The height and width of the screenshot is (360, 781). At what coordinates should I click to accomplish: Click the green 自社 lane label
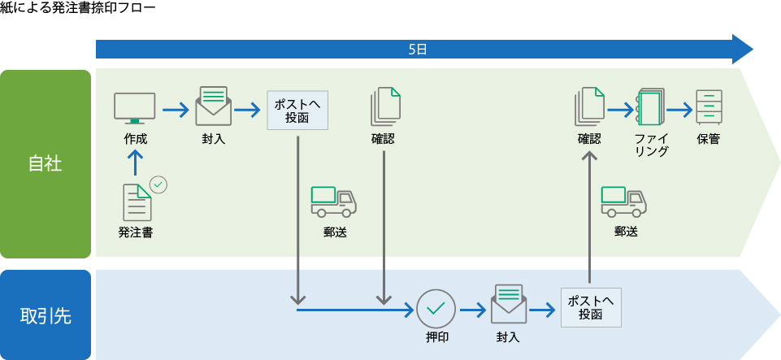pos(46,163)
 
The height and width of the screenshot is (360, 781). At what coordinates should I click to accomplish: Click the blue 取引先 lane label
pos(46,315)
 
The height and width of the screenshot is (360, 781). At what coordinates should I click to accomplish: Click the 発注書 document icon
pos(137,202)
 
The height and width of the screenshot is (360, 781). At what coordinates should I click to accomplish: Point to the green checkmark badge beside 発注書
pos(159,184)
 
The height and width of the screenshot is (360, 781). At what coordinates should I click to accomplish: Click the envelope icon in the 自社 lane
pos(214,106)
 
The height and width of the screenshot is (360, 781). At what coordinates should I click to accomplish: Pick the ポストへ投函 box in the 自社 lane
pos(297,111)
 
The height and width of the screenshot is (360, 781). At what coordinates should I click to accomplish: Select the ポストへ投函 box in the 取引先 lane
pos(591,308)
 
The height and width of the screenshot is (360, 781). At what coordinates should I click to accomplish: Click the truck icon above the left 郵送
pos(334,202)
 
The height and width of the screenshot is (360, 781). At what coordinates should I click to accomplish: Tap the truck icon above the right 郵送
pos(624,202)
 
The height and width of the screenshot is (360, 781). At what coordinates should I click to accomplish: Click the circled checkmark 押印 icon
pos(436,309)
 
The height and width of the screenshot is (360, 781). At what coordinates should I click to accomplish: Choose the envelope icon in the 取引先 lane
pos(508,304)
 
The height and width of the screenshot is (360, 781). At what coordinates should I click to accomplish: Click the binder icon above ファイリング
pos(650,106)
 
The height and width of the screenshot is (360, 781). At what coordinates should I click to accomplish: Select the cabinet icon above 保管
pos(709,106)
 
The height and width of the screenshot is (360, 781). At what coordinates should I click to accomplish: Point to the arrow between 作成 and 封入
pos(175,107)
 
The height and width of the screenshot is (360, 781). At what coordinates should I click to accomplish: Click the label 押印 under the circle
pos(436,336)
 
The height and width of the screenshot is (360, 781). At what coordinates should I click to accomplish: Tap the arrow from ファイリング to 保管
pos(679,107)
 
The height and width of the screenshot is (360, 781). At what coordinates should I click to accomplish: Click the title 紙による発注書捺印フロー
pos(77,8)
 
